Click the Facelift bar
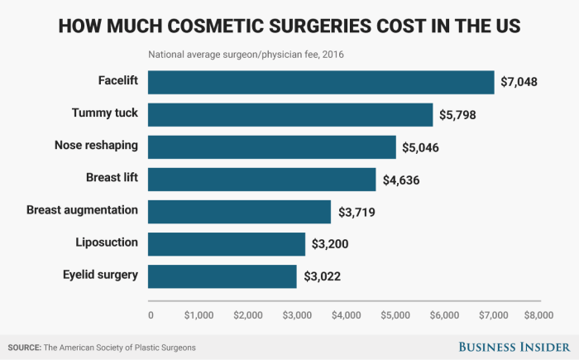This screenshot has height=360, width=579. coord(321,82)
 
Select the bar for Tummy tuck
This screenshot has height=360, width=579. coord(290,114)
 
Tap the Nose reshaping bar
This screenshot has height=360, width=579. coord(272,146)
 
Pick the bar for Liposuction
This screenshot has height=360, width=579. coord(227,243)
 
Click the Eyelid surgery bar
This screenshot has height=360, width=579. coord(223,276)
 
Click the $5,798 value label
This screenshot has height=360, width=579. coord(460,116)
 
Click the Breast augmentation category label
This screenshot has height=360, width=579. coord(82,209)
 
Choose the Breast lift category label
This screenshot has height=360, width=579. coord(112,177)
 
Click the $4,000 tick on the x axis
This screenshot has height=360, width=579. coord(347,315)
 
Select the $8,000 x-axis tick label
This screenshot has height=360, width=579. coord(543,315)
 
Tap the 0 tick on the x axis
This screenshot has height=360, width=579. coord(151,315)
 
